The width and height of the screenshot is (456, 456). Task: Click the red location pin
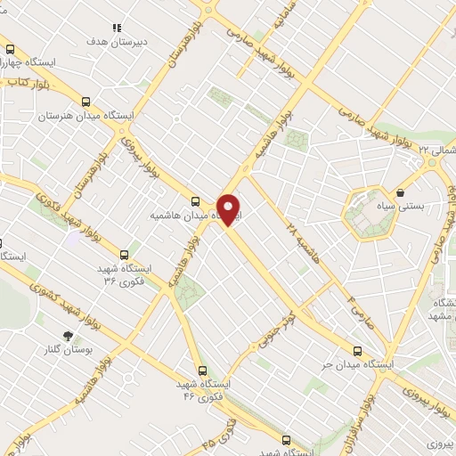coord(229,209)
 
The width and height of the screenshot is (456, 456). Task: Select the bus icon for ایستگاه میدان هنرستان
coord(85,102)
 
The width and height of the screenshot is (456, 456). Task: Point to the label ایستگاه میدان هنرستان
coord(85,117)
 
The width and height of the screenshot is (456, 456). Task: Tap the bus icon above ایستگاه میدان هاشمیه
coord(195,200)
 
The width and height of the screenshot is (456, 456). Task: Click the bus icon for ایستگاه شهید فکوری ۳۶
coord(124,253)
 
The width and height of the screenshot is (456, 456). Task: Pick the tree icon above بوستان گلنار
coord(66,336)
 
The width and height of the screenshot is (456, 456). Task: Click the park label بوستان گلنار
coord(68,350)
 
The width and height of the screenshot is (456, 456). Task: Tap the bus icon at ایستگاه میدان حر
coord(357,351)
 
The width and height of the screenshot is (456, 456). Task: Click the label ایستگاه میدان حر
coord(355,365)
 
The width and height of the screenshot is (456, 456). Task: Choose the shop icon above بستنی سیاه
coord(400,192)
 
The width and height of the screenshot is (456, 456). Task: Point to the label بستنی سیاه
coord(400,207)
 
